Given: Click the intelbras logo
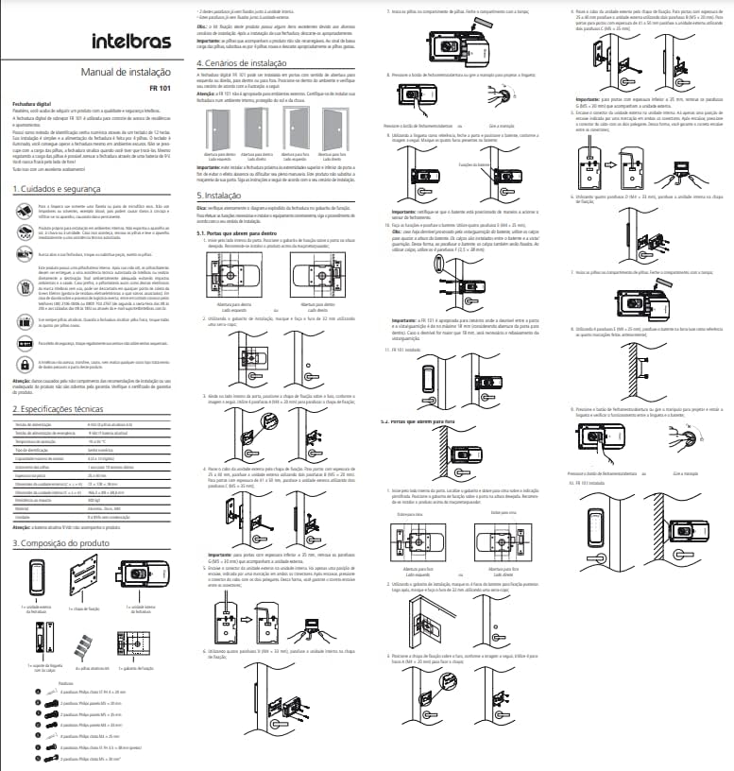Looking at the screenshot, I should (132, 43).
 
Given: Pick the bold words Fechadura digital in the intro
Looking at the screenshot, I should (26, 99).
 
